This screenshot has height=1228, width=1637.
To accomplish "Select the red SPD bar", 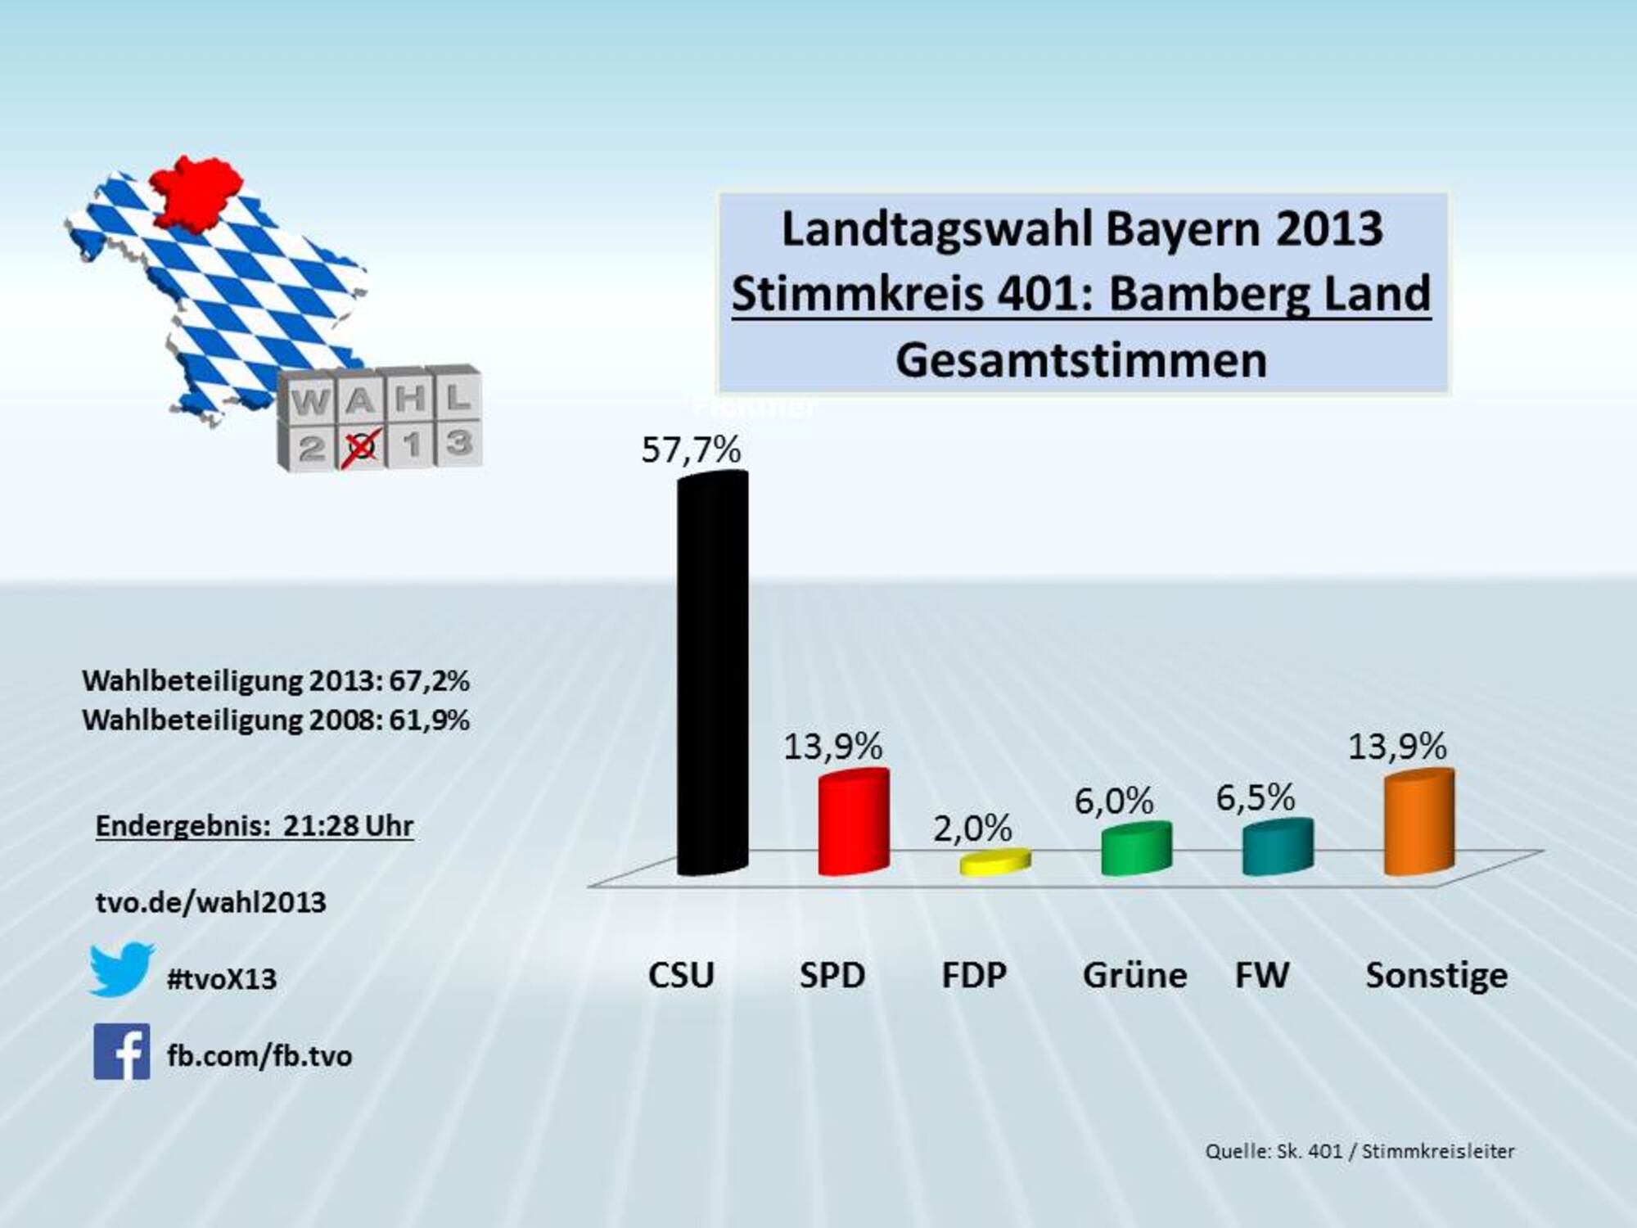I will click(854, 823).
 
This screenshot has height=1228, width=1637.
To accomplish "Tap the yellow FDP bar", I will click(994, 862).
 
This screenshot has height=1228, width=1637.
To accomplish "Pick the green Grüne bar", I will click(1136, 849).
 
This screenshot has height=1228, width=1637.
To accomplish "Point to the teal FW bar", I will click(1278, 847).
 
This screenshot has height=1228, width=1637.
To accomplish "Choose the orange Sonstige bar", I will click(1418, 823).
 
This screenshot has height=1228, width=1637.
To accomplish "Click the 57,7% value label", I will click(691, 449).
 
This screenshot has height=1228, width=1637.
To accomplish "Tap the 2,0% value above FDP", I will click(972, 829).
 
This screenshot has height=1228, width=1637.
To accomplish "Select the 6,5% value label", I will click(1256, 797).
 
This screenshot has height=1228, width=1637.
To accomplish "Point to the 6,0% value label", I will click(1114, 801).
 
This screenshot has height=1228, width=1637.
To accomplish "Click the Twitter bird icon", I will click(121, 970).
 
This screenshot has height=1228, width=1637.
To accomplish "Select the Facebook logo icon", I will click(121, 1051).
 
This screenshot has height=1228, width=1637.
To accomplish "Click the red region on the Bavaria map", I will click(196, 192).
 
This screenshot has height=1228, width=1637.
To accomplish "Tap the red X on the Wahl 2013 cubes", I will click(362, 446).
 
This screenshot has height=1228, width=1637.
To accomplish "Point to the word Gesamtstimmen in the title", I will click(1081, 360).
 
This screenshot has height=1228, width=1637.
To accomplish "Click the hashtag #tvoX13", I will click(222, 979).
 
